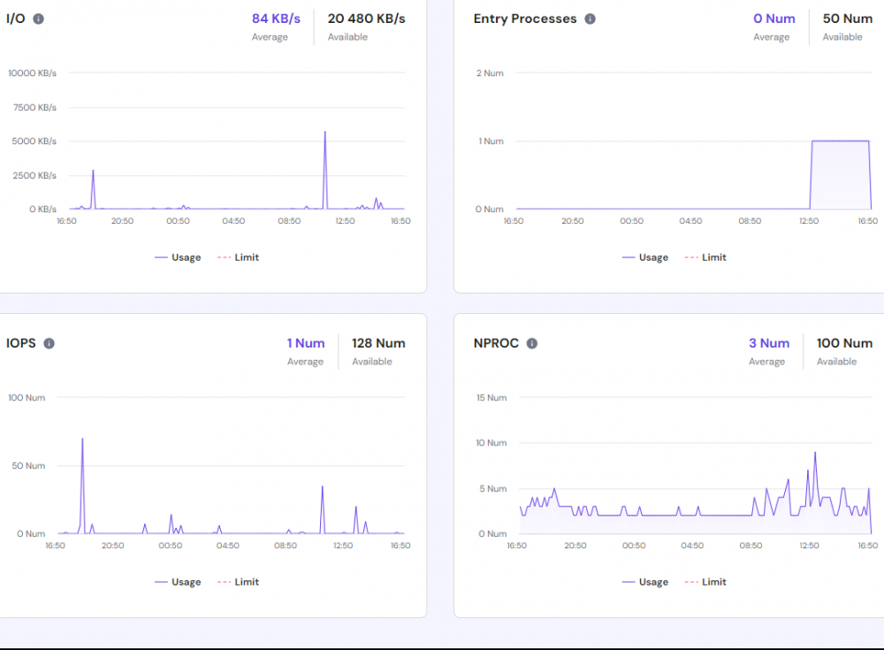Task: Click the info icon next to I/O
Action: click(x=39, y=19)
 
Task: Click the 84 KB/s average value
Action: click(x=276, y=19)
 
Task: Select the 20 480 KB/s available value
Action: click(x=366, y=19)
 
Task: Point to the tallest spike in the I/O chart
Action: click(x=324, y=133)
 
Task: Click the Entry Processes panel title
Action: click(x=525, y=19)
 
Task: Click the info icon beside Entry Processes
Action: click(x=591, y=19)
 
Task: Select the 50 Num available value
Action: click(x=847, y=19)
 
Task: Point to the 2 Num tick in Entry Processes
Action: click(x=490, y=73)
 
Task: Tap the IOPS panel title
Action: click(x=21, y=343)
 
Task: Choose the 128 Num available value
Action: click(x=378, y=343)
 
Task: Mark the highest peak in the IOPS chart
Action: click(x=82, y=439)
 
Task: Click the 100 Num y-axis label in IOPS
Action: click(x=27, y=397)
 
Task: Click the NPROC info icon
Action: click(x=532, y=343)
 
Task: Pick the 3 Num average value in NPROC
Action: click(x=769, y=343)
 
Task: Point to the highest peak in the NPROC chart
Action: click(x=814, y=453)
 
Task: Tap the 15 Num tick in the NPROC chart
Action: click(x=492, y=397)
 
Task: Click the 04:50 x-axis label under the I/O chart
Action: click(x=233, y=220)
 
